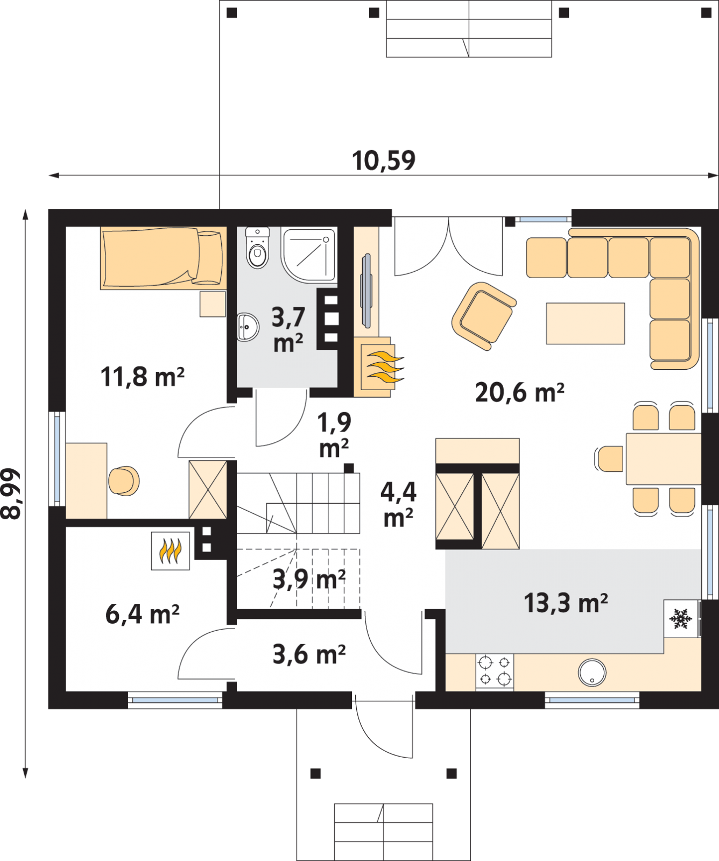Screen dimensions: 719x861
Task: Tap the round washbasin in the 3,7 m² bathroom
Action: (248, 327)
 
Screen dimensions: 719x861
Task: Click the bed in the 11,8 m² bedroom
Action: (161, 258)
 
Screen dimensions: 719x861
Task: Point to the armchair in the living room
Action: (483, 316)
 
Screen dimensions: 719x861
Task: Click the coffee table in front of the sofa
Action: (586, 323)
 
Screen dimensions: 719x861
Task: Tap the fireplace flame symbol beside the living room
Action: (384, 367)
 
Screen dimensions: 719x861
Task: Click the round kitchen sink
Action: (592, 673)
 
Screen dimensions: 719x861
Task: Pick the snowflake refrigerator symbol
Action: (681, 619)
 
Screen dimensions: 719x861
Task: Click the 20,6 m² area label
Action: (519, 393)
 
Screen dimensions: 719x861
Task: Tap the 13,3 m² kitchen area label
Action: (566, 603)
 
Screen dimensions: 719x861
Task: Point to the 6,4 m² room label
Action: (143, 614)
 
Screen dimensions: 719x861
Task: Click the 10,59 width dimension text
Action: (384, 161)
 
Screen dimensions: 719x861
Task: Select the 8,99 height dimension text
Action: (11, 493)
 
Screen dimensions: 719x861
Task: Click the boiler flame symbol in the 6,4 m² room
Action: (170, 551)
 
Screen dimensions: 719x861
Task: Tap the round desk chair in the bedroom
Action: (124, 481)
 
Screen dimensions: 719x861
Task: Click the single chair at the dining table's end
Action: (609, 459)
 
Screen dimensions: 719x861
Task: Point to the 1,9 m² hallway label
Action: (334, 435)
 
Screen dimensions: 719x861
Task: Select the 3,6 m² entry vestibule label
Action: (309, 654)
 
